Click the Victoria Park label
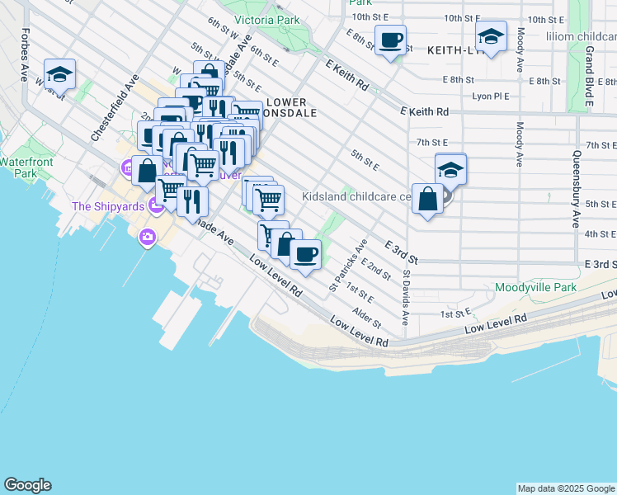click(267, 19)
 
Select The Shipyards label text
click(108, 206)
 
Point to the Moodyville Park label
click(535, 288)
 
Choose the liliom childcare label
click(581, 36)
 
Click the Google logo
click(27, 485)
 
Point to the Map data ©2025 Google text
click(566, 488)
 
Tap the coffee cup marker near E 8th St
click(390, 39)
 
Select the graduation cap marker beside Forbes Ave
click(60, 73)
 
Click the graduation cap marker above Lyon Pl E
click(491, 36)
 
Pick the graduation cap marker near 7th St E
click(450, 169)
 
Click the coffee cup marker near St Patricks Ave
click(305, 254)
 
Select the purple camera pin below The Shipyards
click(147, 238)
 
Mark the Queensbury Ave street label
click(574, 189)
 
